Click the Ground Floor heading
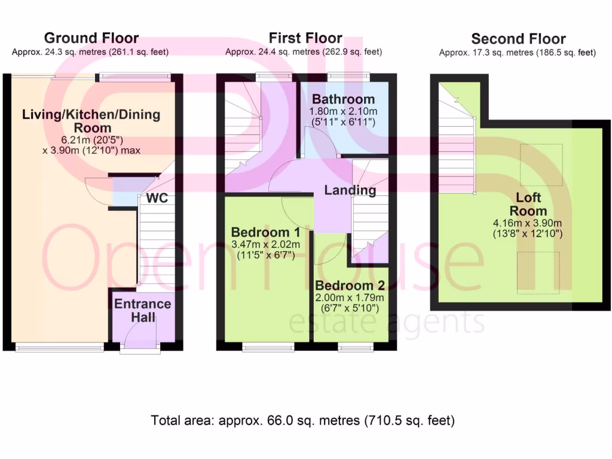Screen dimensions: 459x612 [x=91, y=38]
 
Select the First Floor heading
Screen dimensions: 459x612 [x=305, y=38]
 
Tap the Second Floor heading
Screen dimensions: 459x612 [x=518, y=39]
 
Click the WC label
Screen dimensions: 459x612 [x=156, y=197]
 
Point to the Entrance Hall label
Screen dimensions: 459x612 [x=142, y=310]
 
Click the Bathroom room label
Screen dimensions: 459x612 [x=343, y=99]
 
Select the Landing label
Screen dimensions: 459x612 [x=350, y=191]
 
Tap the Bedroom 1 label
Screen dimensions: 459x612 [x=265, y=232]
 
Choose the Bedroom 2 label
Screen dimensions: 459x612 [x=350, y=286]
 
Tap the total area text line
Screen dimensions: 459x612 [x=303, y=420]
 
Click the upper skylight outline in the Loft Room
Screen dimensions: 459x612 [x=540, y=165]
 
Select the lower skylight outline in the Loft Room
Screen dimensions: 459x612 [x=538, y=271]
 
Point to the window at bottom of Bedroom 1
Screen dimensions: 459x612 [x=268, y=346]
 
